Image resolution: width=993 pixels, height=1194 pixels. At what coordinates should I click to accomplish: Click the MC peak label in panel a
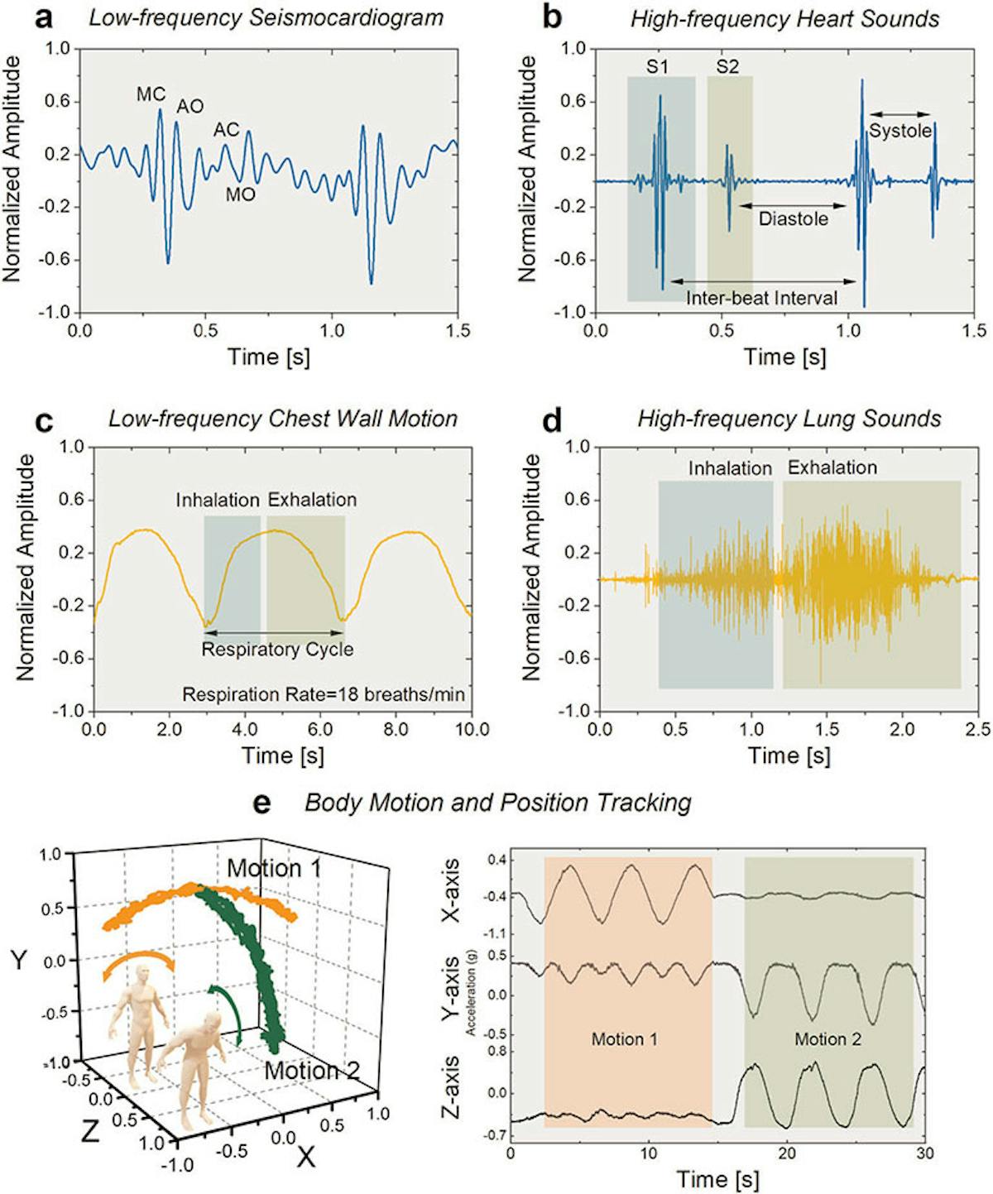click(151, 94)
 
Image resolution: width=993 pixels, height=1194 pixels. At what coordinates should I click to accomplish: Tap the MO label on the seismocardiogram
click(241, 195)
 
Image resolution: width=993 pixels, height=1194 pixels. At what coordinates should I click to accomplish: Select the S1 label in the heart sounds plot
click(657, 67)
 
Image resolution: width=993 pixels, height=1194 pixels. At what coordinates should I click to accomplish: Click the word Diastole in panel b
click(793, 219)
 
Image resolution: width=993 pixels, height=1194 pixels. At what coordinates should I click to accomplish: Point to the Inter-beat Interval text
click(761, 298)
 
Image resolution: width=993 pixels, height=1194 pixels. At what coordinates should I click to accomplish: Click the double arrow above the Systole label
click(899, 114)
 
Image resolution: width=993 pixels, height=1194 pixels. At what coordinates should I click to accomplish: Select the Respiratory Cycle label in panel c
click(277, 650)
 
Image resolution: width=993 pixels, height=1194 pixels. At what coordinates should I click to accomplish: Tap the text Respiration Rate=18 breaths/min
click(324, 694)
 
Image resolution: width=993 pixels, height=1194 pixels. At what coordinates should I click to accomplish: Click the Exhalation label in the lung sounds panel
click(832, 468)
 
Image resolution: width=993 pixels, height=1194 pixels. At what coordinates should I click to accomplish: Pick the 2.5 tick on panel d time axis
click(977, 730)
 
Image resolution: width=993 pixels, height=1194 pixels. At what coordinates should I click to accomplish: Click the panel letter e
click(261, 803)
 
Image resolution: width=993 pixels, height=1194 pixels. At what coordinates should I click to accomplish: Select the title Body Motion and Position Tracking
click(497, 803)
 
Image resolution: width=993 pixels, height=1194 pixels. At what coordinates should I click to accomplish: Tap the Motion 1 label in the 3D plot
click(274, 868)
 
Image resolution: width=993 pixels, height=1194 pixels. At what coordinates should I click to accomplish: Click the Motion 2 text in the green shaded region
click(827, 1039)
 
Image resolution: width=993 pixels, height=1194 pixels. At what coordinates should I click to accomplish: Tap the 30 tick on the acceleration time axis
click(924, 1153)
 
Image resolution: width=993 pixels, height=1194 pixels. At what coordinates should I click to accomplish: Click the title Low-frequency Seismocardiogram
click(266, 17)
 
